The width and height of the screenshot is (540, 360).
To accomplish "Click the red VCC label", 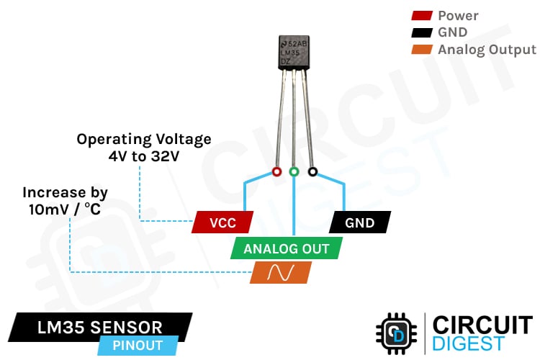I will [223, 222].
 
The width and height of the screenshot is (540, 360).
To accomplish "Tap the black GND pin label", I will [360, 222].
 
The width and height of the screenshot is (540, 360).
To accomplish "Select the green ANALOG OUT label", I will [287, 249].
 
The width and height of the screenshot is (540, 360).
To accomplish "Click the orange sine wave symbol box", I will [280, 272].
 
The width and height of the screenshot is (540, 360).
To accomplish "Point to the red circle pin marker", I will [276, 172].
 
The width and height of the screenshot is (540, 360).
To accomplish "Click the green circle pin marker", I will [294, 172].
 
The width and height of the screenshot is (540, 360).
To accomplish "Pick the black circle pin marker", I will [312, 172].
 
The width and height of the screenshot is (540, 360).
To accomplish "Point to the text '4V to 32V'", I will [144, 156].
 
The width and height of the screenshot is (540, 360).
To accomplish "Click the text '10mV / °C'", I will [65, 210].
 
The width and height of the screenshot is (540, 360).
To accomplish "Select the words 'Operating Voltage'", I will [144, 139].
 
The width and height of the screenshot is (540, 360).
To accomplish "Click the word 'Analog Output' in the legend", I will [487, 50].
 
